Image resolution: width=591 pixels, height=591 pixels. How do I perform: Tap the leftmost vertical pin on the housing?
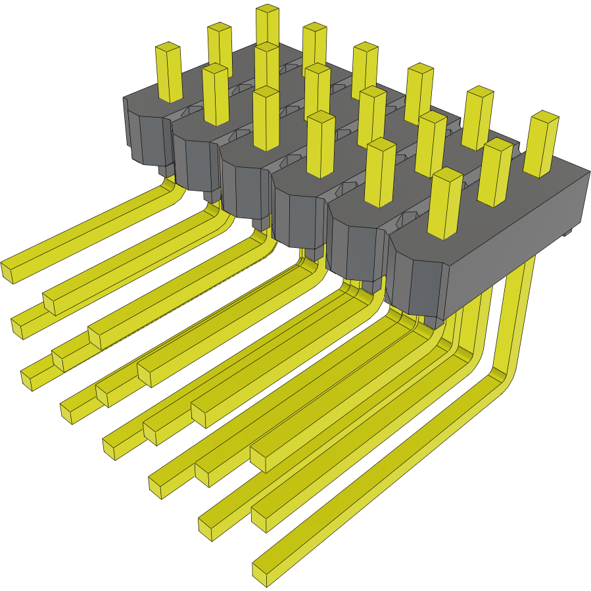click(168, 72)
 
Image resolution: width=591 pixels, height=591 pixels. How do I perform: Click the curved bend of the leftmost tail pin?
click(172, 191)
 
